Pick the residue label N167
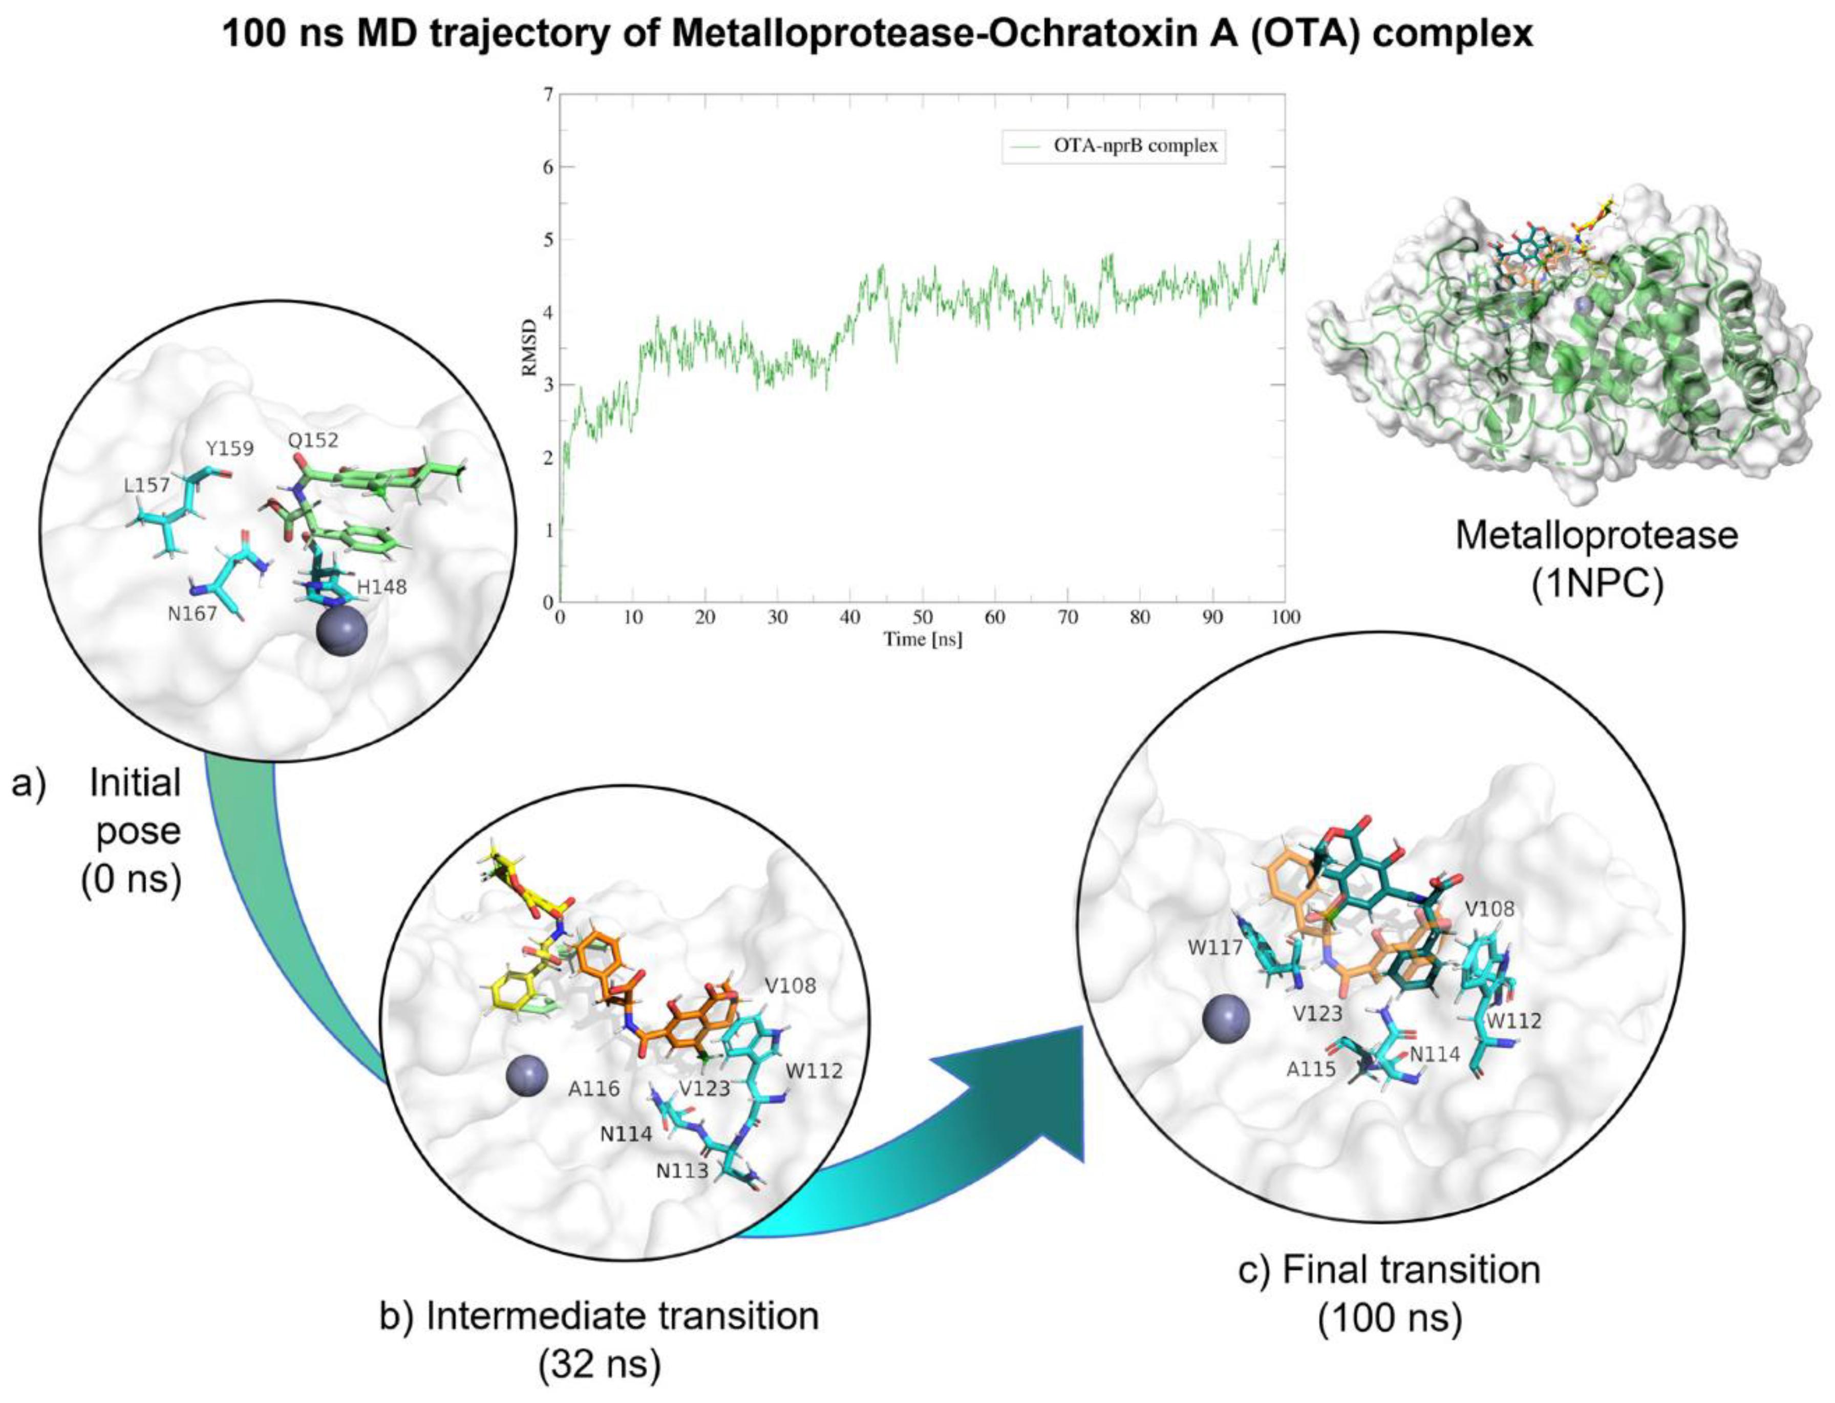point(192,614)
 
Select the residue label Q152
point(314,440)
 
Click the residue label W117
point(1214,948)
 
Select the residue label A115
point(1312,1068)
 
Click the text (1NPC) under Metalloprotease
point(1596,584)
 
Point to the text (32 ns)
point(600,1366)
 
